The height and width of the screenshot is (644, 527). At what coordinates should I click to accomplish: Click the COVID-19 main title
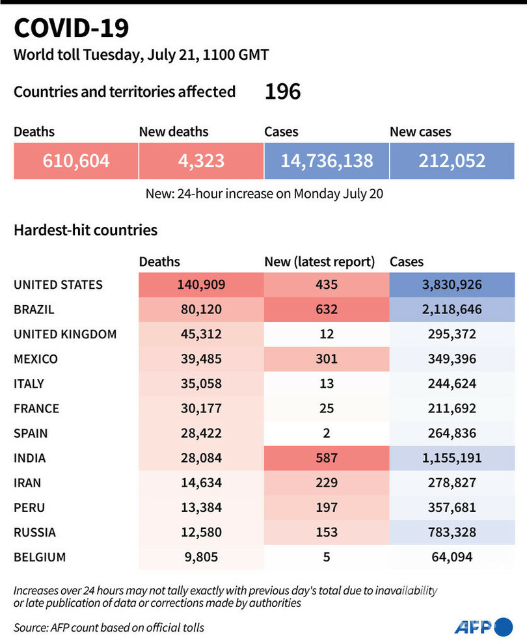[72, 28]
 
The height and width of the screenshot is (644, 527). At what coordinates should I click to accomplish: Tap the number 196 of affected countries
[282, 92]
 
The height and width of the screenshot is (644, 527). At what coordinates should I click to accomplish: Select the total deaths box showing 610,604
[76, 160]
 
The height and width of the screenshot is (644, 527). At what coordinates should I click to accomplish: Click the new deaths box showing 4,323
[201, 160]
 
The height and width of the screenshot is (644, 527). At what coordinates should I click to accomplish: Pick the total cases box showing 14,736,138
[327, 160]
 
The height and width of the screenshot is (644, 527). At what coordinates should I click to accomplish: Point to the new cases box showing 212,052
[452, 160]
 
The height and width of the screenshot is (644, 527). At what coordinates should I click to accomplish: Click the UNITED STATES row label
[58, 284]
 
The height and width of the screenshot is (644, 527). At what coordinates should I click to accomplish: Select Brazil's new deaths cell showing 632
[327, 309]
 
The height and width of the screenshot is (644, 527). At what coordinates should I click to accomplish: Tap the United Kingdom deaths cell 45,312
[201, 334]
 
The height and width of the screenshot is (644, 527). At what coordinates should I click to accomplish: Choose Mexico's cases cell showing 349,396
[452, 358]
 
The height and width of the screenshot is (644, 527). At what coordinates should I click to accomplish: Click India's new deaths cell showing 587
[327, 458]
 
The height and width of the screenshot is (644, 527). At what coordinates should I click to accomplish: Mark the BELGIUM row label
[40, 557]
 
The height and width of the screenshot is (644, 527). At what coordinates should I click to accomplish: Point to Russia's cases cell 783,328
[452, 532]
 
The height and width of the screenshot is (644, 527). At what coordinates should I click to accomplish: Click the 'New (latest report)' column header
[319, 262]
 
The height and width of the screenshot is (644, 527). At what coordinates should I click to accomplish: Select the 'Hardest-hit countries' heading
[85, 230]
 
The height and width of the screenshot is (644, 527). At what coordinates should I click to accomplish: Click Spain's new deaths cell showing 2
[327, 433]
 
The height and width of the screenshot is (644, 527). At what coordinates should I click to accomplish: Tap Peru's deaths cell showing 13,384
[201, 507]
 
